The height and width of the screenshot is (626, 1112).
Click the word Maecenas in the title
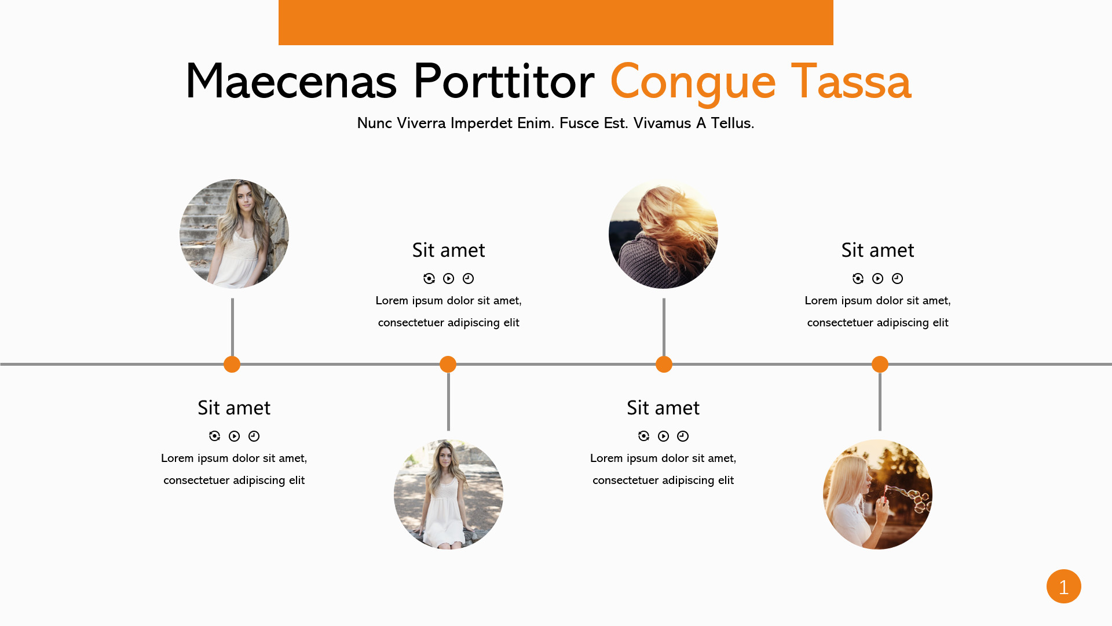click(291, 81)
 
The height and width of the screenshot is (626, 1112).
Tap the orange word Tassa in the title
click(851, 81)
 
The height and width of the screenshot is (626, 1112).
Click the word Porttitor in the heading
click(503, 81)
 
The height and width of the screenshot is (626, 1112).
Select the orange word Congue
click(693, 83)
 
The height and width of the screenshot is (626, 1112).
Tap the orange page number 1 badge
click(1063, 586)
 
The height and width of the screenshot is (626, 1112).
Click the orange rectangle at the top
click(556, 23)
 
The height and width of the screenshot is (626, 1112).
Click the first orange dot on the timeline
click(232, 364)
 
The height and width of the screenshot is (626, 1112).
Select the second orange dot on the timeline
click(448, 364)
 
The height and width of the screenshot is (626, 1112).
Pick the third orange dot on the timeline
click(664, 364)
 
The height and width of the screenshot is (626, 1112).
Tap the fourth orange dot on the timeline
click(880, 364)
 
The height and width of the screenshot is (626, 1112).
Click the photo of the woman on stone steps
click(234, 234)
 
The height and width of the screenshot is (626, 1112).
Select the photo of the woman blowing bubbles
click(877, 494)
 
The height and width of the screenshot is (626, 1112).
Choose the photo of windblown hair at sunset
click(663, 234)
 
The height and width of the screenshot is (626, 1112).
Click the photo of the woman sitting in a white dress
click(448, 494)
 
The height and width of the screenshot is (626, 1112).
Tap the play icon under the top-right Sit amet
click(877, 279)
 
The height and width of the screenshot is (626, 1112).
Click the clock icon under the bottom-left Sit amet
click(254, 436)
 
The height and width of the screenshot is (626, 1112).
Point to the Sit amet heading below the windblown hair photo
click(663, 408)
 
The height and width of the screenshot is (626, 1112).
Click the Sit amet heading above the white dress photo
click(448, 250)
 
